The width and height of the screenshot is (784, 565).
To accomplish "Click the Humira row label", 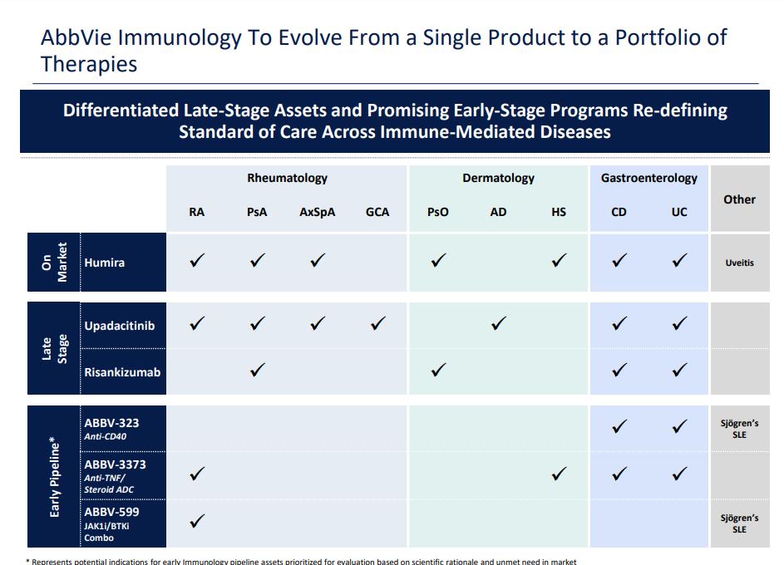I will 105,263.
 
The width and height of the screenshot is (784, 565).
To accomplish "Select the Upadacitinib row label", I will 119,326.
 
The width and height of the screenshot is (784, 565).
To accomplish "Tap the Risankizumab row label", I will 122,372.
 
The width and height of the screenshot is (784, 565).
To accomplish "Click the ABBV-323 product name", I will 111,423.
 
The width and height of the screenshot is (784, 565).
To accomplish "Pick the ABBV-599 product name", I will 111,512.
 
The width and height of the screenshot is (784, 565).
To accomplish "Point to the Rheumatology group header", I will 287,178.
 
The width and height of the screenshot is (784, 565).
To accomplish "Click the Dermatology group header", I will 498,178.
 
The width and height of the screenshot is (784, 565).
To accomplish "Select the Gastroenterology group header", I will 649,178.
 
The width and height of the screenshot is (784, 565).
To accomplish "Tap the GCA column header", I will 377,212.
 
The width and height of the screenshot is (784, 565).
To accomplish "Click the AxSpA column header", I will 318,212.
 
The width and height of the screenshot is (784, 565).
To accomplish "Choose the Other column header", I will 739,199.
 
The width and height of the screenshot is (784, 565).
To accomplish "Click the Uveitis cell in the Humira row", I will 739,263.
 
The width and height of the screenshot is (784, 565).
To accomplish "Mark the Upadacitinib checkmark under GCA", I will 378,324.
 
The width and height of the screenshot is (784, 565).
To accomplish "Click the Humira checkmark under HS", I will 559,261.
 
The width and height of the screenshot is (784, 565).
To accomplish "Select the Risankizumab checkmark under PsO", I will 438,371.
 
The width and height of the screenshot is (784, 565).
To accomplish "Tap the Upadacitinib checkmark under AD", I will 498,324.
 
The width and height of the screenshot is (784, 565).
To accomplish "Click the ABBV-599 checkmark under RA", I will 197,521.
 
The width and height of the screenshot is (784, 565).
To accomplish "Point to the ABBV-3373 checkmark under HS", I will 559,474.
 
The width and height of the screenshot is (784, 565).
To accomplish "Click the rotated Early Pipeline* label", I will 55,476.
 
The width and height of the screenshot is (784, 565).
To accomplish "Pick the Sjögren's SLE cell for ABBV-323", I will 739,429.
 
